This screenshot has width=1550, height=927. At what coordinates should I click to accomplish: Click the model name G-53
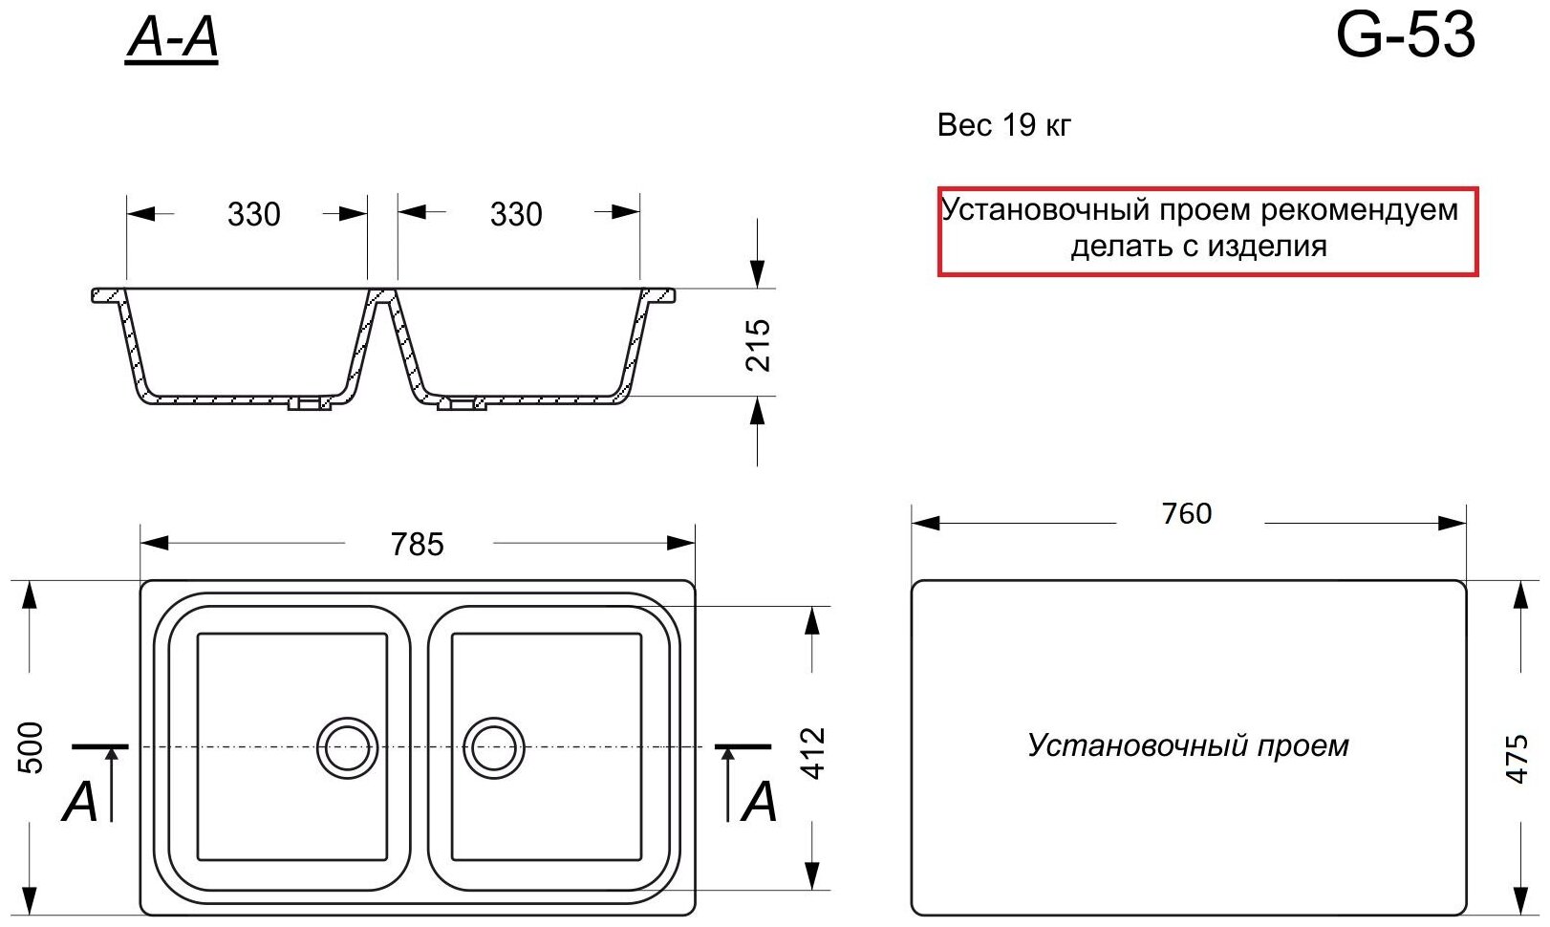tap(1405, 36)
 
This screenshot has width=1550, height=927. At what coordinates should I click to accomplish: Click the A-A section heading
tap(172, 40)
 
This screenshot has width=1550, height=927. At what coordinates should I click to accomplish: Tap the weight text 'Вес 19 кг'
tap(1004, 125)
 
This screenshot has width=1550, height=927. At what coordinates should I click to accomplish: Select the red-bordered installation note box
tap(1208, 230)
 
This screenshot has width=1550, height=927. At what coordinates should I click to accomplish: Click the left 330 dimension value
tap(254, 214)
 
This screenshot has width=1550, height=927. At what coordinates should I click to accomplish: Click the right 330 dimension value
tap(516, 214)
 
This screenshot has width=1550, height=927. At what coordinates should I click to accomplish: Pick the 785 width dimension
tap(418, 544)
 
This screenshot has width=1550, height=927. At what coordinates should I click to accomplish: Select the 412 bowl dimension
tap(813, 753)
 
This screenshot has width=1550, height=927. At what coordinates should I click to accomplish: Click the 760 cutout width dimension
tap(1187, 514)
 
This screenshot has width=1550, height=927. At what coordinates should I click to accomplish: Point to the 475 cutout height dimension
tap(1518, 759)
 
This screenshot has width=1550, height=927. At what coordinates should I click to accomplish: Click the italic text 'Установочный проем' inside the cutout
tap(1188, 745)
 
